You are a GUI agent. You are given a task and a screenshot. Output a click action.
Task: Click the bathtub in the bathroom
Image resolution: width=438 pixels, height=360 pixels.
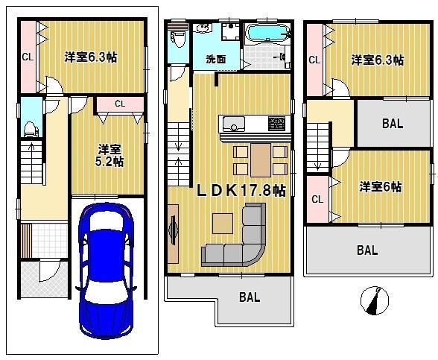[x=266, y=34]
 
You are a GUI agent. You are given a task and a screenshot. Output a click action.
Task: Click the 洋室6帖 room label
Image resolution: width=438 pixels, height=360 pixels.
[x=380, y=186]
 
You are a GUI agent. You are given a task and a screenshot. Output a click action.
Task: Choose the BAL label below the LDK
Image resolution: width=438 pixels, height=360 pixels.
[x=250, y=297]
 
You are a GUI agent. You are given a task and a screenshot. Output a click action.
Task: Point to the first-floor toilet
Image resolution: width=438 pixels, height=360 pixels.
[x=30, y=128]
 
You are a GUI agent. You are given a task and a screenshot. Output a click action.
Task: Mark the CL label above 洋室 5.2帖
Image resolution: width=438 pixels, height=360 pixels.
[x=119, y=103]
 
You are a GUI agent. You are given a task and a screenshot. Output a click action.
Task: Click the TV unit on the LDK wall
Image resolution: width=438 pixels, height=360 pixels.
[x=174, y=237]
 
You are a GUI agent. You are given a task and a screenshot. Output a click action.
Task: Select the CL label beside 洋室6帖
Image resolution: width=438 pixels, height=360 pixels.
[x=316, y=199]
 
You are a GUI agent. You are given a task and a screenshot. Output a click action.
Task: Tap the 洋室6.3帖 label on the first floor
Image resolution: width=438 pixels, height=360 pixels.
[x=90, y=56]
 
